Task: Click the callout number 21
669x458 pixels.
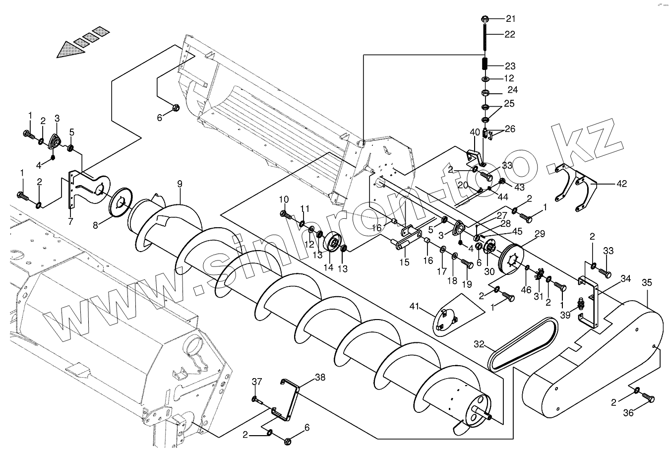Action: tap(511, 19)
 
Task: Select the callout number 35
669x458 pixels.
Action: tap(647, 283)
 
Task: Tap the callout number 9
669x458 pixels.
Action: tap(180, 185)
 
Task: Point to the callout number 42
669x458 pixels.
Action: tap(621, 184)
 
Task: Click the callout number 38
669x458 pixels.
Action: tap(320, 377)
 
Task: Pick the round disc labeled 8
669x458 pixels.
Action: tap(120, 202)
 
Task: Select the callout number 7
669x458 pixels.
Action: tap(70, 221)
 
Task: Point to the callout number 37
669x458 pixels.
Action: tap(256, 382)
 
